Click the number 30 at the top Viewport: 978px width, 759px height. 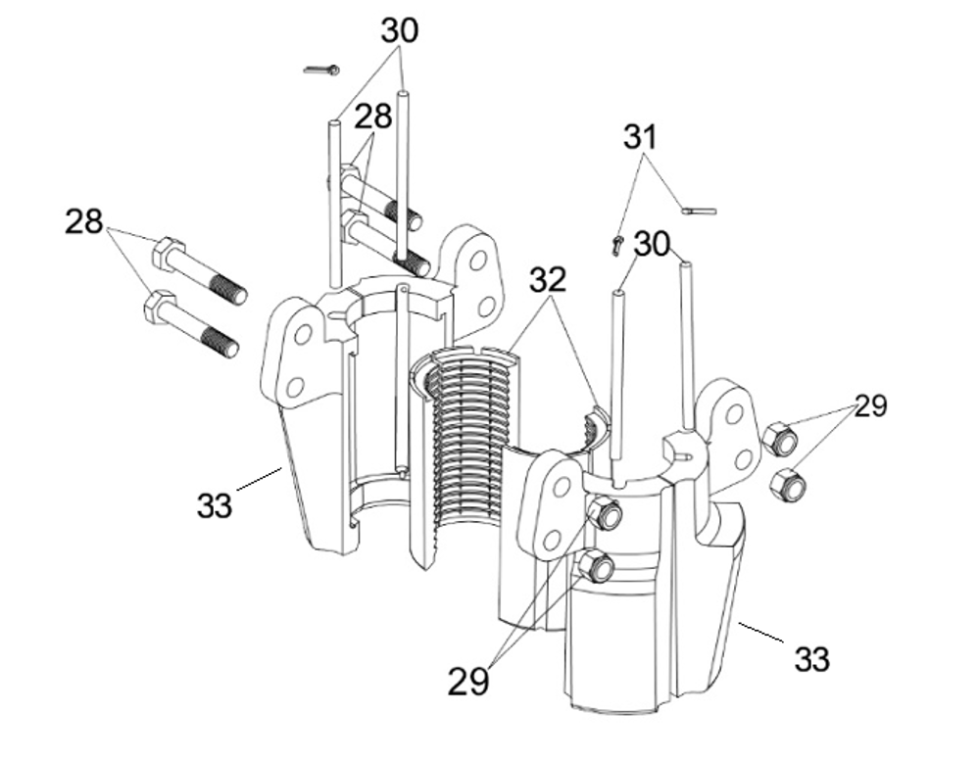399,30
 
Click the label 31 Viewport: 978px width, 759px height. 641,137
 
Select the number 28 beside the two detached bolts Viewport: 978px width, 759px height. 84,221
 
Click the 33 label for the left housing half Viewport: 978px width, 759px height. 215,505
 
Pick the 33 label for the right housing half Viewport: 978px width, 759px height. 810,659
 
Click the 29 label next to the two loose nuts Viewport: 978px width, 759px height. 869,405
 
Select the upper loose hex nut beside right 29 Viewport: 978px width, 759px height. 780,438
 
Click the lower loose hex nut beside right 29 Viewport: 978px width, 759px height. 789,484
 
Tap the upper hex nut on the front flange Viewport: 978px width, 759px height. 604,513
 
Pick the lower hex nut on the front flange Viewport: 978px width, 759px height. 595,566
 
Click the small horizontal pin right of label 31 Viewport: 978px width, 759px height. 699,210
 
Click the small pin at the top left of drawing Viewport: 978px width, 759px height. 320,70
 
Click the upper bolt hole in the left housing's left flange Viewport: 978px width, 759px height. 303,335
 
